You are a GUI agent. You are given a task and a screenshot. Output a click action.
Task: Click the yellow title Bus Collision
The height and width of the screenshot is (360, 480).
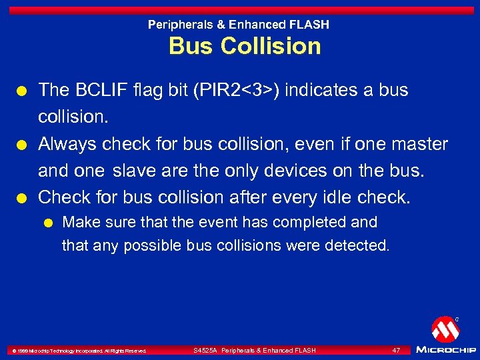tap(245, 46)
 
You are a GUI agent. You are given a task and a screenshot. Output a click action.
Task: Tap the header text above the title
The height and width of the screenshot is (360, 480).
tap(238, 25)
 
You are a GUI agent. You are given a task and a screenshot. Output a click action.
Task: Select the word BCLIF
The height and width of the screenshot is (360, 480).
tap(95, 89)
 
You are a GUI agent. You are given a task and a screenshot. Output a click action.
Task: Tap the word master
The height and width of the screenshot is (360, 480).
tap(418, 143)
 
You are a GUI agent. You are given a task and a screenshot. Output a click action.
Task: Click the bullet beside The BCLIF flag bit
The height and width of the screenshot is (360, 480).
tap(23, 90)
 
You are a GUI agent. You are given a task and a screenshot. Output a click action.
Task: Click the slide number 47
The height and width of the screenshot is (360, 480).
tap(396, 350)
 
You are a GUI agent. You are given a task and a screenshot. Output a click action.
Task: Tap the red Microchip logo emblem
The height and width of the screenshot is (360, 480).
tap(444, 329)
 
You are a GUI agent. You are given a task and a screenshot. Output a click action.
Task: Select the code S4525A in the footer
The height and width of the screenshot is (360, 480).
tap(205, 350)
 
